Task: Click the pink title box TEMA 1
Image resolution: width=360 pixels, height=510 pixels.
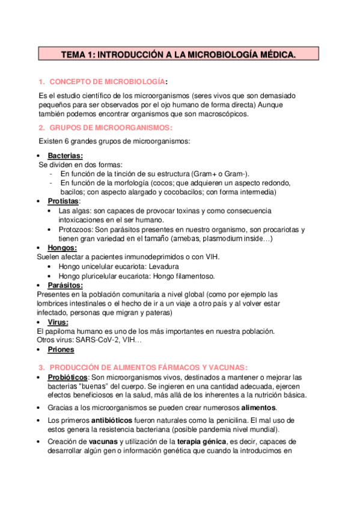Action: [x=179, y=55]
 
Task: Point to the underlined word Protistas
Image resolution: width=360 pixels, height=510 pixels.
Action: [x=63, y=201]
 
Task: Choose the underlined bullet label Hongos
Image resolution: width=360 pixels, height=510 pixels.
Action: [x=62, y=248]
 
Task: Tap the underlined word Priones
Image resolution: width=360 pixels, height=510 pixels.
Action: [x=61, y=349]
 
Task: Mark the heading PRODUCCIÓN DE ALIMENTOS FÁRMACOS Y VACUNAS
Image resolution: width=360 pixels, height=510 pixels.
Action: [x=148, y=367]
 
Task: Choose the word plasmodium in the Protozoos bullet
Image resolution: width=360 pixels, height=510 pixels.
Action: [x=224, y=239]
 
